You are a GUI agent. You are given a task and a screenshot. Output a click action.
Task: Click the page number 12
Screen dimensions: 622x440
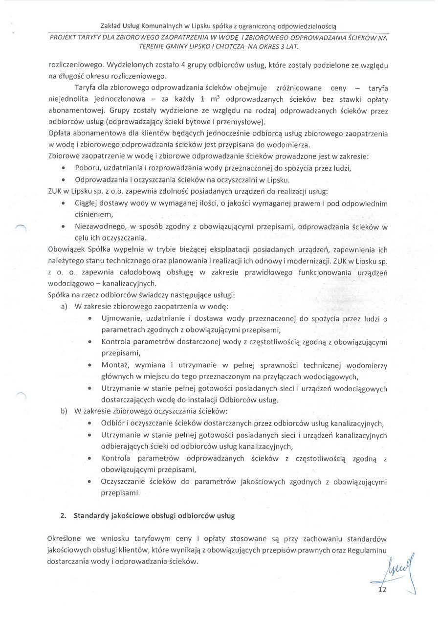pyautogui.click(x=382, y=590)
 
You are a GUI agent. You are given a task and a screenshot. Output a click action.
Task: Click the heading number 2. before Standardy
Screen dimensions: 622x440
pyautogui.click(x=63, y=515)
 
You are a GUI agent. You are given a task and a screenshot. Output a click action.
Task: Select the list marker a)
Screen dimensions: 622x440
pyautogui.click(x=64, y=307)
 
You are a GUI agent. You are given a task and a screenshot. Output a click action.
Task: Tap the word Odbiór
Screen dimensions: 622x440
pyautogui.click(x=112, y=423)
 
